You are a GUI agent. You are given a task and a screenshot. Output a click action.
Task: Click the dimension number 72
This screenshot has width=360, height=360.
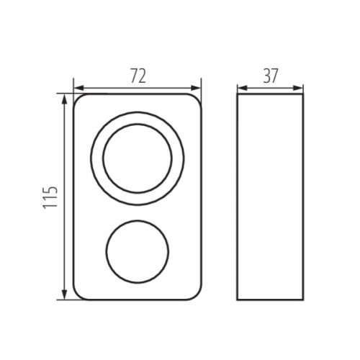point(138,76)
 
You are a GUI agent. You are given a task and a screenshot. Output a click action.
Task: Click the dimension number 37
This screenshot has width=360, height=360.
point(270,76)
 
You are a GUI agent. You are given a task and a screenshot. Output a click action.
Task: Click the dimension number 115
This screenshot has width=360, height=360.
point(50,197)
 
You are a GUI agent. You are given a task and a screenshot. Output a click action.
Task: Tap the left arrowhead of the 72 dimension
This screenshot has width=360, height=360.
point(78,88)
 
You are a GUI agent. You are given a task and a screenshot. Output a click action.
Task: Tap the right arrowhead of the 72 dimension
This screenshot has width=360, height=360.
point(196,88)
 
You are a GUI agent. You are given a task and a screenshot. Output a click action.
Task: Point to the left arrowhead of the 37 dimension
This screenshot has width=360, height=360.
point(242,88)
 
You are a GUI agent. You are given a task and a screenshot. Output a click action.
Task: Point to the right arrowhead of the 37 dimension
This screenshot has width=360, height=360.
point(298,88)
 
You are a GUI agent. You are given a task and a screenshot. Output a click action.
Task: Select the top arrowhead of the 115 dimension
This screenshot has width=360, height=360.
point(64,99)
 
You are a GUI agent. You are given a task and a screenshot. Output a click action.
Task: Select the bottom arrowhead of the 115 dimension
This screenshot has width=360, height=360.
point(64,294)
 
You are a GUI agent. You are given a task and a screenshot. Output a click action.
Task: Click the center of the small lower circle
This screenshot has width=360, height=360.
point(138,252)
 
